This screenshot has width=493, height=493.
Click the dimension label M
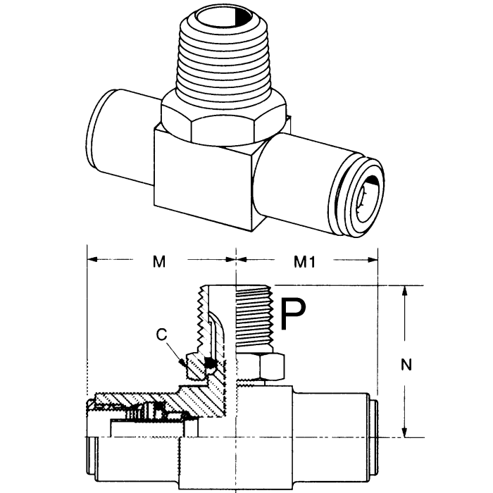(x=159, y=261)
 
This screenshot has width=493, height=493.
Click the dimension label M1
(x=304, y=261)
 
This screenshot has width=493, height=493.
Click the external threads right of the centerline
(x=254, y=317)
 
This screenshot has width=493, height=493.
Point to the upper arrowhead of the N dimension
(x=406, y=290)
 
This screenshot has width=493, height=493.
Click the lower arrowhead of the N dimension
(x=406, y=432)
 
